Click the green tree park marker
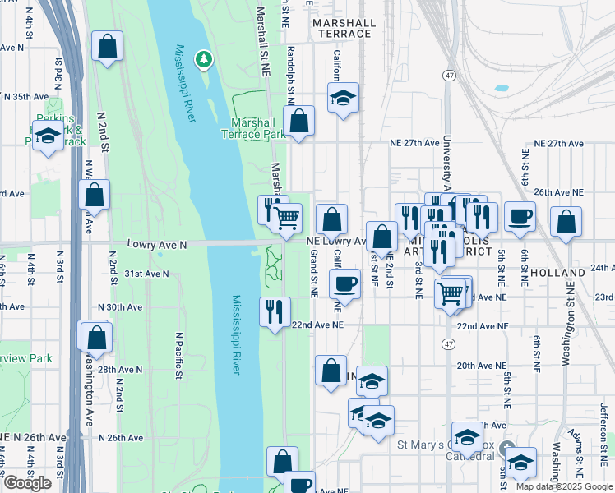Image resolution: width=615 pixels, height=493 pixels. [x=202, y=59]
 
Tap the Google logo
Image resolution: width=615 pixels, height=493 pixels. [x=27, y=483]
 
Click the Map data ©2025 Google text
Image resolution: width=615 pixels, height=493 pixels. [x=564, y=486]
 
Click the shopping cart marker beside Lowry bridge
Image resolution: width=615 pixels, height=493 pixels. [x=286, y=219]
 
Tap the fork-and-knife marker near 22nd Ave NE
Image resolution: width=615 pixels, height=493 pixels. [x=274, y=311]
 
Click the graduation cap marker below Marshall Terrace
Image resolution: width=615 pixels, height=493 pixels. [x=343, y=98]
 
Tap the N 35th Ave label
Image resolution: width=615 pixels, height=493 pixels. [x=27, y=97]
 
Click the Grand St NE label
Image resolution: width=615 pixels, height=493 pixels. [x=313, y=274]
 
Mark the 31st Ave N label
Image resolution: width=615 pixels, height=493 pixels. [x=146, y=274]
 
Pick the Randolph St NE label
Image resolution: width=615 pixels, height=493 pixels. [x=290, y=74]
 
